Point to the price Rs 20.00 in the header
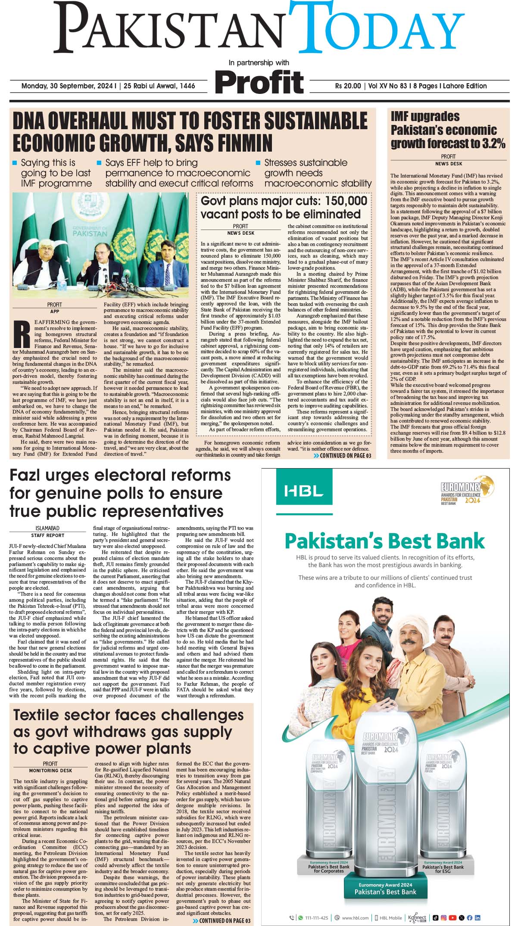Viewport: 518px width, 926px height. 348,86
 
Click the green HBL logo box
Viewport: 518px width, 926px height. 304,491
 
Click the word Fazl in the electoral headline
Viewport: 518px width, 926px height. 30,475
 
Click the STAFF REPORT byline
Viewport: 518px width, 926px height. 47,535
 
